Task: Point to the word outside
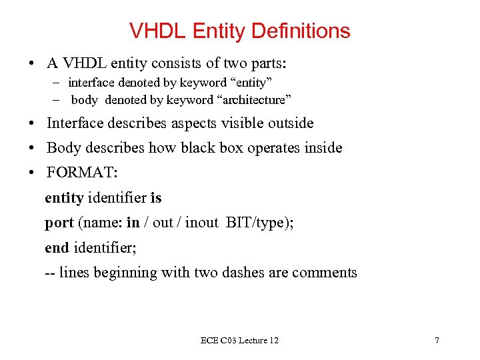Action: [289, 123]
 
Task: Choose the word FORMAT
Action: [81, 173]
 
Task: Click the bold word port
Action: [59, 223]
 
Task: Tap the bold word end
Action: [57, 247]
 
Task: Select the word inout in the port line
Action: [201, 223]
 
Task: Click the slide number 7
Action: [437, 341]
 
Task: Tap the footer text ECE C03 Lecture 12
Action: [239, 341]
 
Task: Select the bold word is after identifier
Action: [156, 198]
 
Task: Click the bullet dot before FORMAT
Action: [32, 173]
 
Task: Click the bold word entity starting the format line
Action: [64, 198]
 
